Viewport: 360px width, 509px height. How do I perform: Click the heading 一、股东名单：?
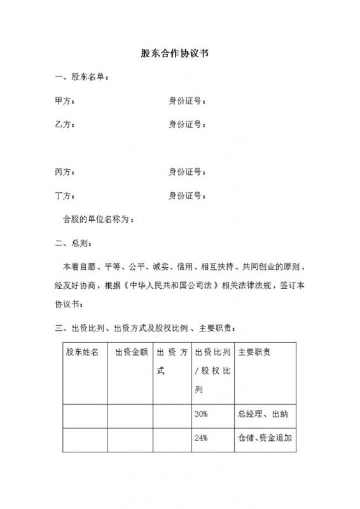[82, 78]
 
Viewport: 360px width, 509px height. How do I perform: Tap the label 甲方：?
[66, 101]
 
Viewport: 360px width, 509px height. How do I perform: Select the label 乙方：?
[66, 123]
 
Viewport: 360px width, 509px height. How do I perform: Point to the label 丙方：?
[66, 171]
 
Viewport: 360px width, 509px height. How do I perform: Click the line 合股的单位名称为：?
[99, 220]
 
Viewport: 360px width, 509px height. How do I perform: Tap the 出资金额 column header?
[130, 352]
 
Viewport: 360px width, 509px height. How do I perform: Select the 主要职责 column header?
[254, 352]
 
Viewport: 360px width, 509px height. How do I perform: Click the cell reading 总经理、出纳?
[263, 415]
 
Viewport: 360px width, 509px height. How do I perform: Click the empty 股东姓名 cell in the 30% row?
[85, 415]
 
